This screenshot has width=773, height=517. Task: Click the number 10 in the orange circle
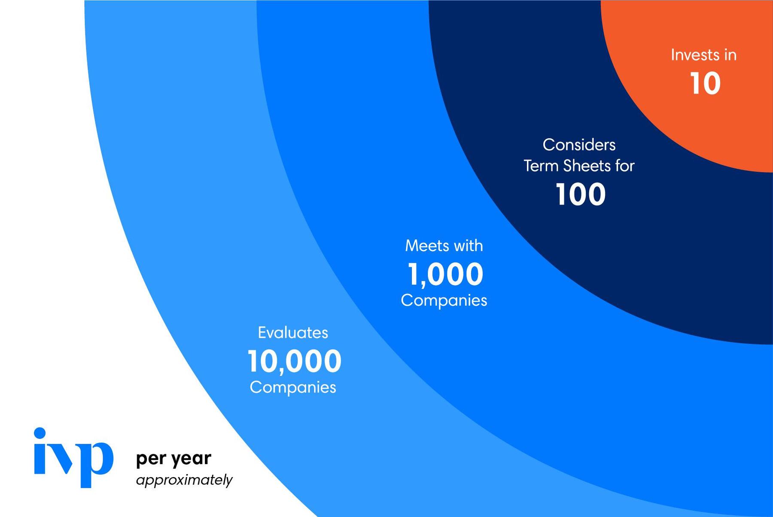[x=705, y=83]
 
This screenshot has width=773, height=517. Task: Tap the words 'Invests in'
[x=703, y=55]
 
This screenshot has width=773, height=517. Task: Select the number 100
[x=580, y=194]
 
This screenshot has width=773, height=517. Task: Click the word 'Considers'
[x=579, y=145]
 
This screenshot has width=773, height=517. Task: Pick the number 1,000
[x=445, y=274]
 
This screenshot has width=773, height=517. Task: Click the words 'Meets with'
[x=444, y=246]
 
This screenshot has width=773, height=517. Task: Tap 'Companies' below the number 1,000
[x=444, y=300]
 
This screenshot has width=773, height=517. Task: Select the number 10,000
[x=295, y=361]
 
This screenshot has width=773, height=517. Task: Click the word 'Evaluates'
[x=293, y=333]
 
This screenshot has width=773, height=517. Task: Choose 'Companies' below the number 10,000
[x=293, y=387]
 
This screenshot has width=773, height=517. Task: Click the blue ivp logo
[x=73, y=458]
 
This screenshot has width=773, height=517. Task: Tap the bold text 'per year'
[x=173, y=459]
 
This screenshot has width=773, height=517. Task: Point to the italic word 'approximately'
[x=184, y=480]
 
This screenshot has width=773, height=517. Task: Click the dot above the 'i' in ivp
[x=40, y=433]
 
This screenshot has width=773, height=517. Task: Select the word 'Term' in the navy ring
[x=541, y=166]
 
